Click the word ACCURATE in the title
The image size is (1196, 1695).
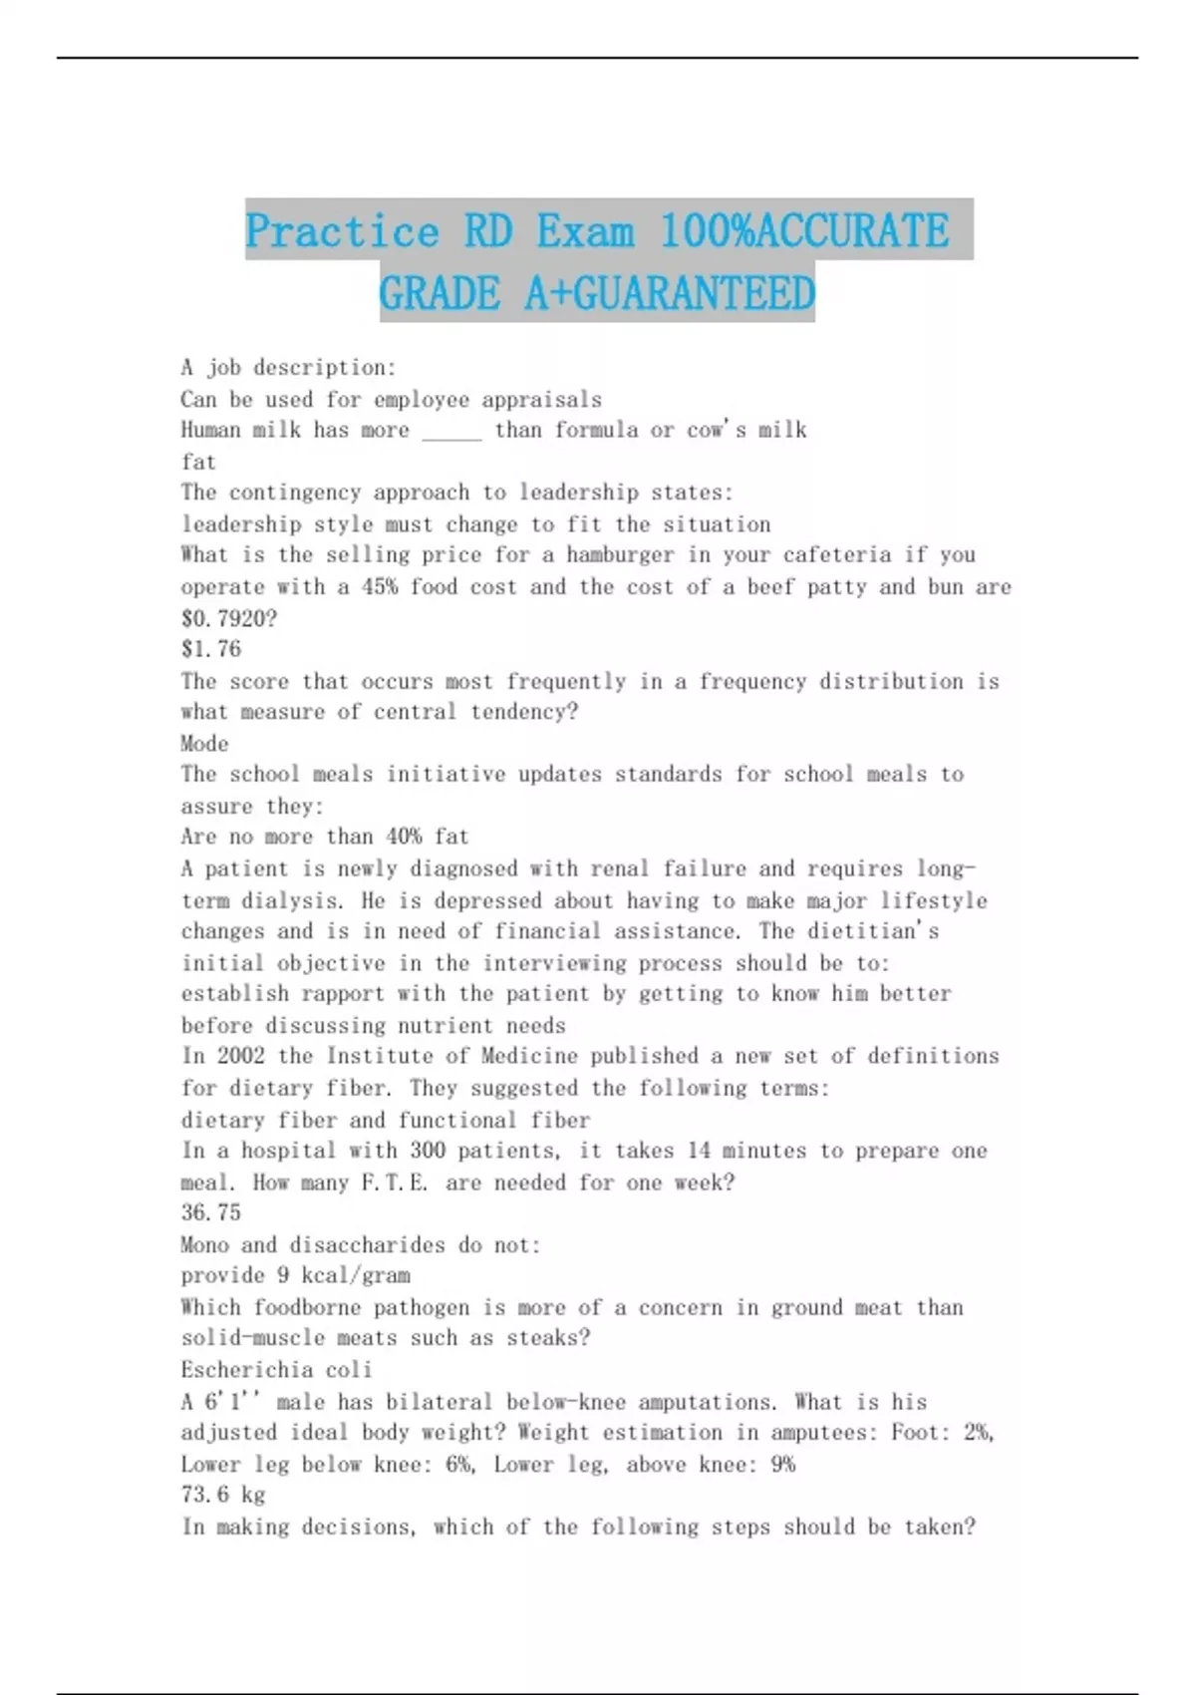(853, 231)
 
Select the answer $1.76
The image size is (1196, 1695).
(211, 649)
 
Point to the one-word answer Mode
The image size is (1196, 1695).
(204, 744)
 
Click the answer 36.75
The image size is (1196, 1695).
(211, 1212)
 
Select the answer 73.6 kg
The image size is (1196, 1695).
(223, 1495)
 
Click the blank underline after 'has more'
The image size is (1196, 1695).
(451, 432)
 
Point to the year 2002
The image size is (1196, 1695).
(241, 1056)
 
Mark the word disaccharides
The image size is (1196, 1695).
(368, 1244)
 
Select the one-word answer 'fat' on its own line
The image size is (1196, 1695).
(198, 462)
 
